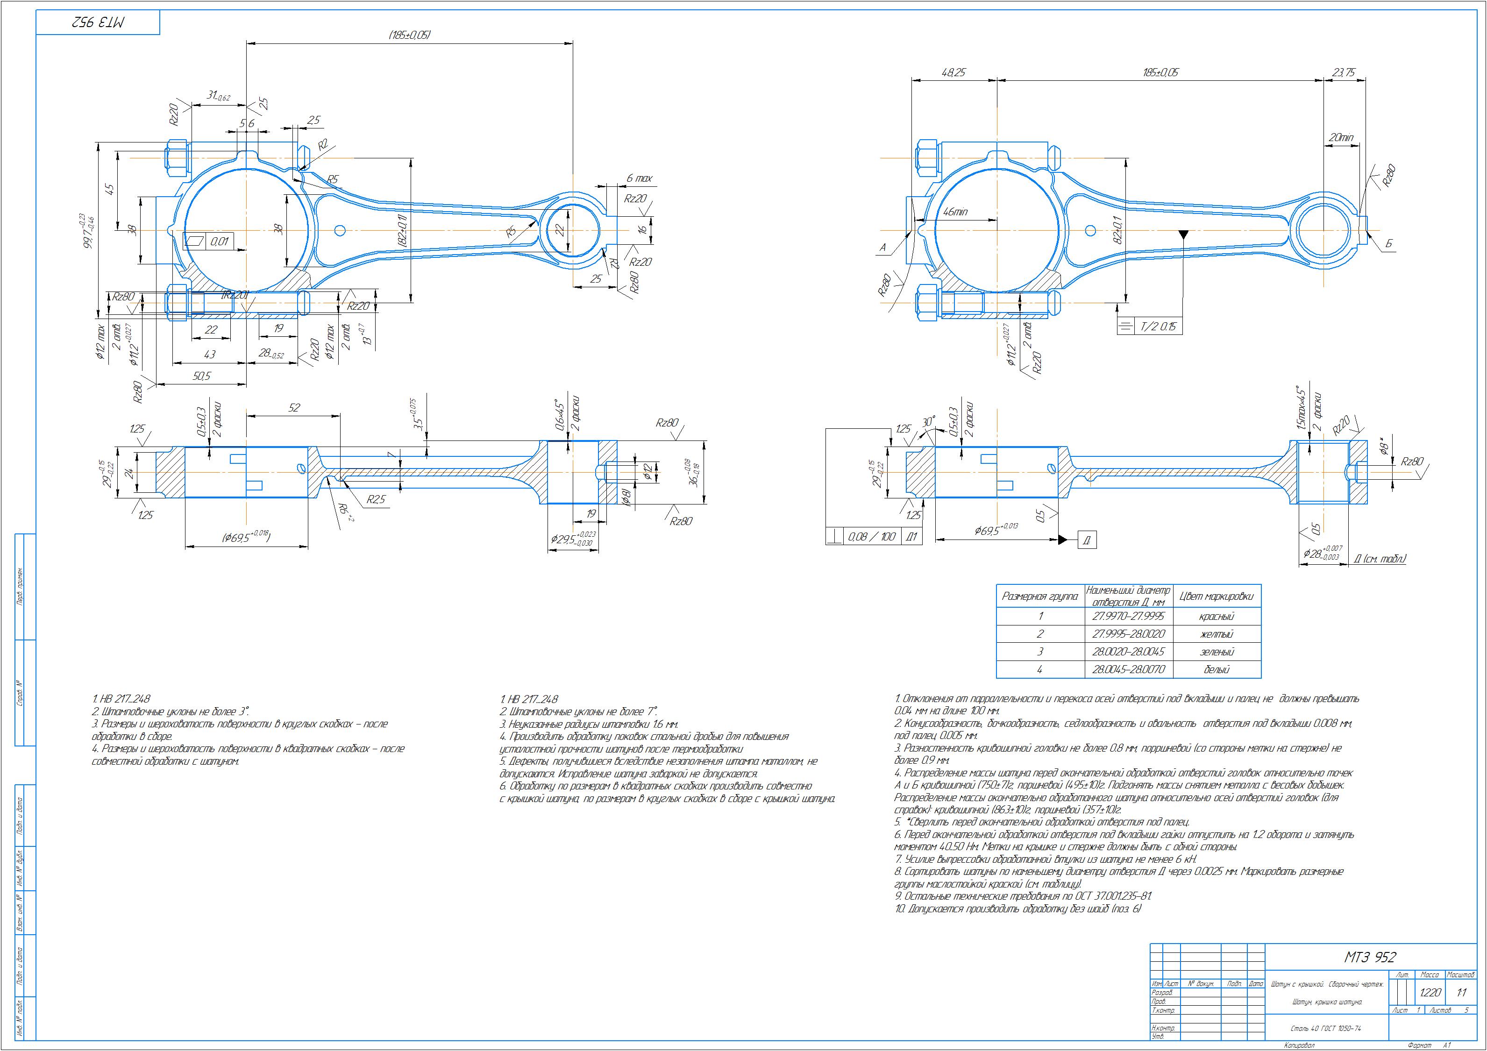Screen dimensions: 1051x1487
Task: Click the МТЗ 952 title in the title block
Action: coord(1369,958)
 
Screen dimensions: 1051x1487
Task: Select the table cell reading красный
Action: coord(1217,617)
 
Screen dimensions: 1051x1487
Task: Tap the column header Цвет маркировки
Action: coord(1217,596)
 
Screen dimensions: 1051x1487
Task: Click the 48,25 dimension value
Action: coord(953,73)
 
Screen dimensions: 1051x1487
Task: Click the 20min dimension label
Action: coord(1341,138)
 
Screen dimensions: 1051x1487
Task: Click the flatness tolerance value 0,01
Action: coord(220,241)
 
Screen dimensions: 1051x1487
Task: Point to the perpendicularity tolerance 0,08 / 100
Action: coord(872,537)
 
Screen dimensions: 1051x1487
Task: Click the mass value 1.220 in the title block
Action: coord(1430,993)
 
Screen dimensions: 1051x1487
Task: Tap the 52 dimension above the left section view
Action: coord(294,407)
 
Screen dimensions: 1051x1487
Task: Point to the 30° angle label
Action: coord(929,422)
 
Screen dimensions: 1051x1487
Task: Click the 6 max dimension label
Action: coord(639,178)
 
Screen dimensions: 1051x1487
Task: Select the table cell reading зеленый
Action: coord(1217,652)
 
